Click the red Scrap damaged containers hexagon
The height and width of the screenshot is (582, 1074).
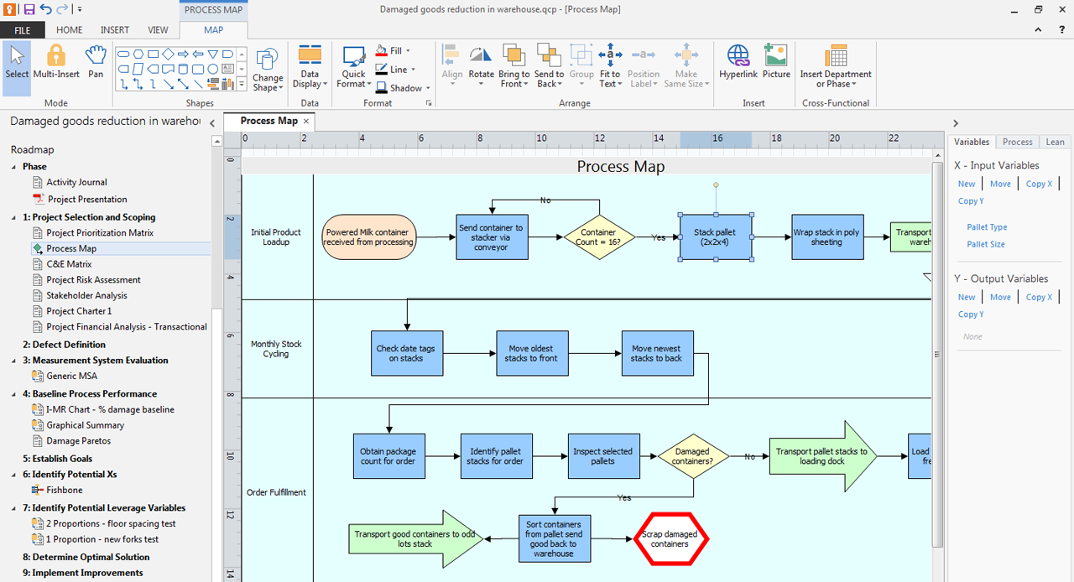tap(670, 539)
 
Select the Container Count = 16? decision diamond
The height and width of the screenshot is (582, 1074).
tap(599, 236)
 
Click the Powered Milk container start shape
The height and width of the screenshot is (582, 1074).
tap(368, 236)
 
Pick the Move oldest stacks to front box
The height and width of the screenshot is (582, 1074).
tap(532, 353)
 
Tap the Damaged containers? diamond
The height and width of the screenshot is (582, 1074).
tap(693, 456)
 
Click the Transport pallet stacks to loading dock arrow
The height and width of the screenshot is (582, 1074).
tap(823, 456)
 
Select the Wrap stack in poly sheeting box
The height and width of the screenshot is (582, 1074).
tap(827, 236)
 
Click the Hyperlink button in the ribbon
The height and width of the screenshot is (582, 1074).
tap(738, 61)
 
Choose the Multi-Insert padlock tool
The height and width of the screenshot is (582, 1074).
tap(56, 61)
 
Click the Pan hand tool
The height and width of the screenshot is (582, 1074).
tap(96, 61)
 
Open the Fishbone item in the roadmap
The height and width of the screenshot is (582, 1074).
tap(65, 490)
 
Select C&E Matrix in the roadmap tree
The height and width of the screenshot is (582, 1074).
tap(69, 264)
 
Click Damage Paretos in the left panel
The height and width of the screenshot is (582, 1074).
tap(78, 441)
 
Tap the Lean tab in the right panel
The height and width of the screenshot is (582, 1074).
tap(1055, 142)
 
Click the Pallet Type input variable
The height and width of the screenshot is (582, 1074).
tap(987, 227)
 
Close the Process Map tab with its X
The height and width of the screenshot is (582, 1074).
tap(306, 122)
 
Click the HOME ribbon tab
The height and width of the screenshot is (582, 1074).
tap(69, 30)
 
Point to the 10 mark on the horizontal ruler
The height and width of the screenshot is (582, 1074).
tap(541, 138)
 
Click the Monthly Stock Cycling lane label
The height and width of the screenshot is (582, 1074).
tap(276, 349)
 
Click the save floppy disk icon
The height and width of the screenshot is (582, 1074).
tap(29, 9)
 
